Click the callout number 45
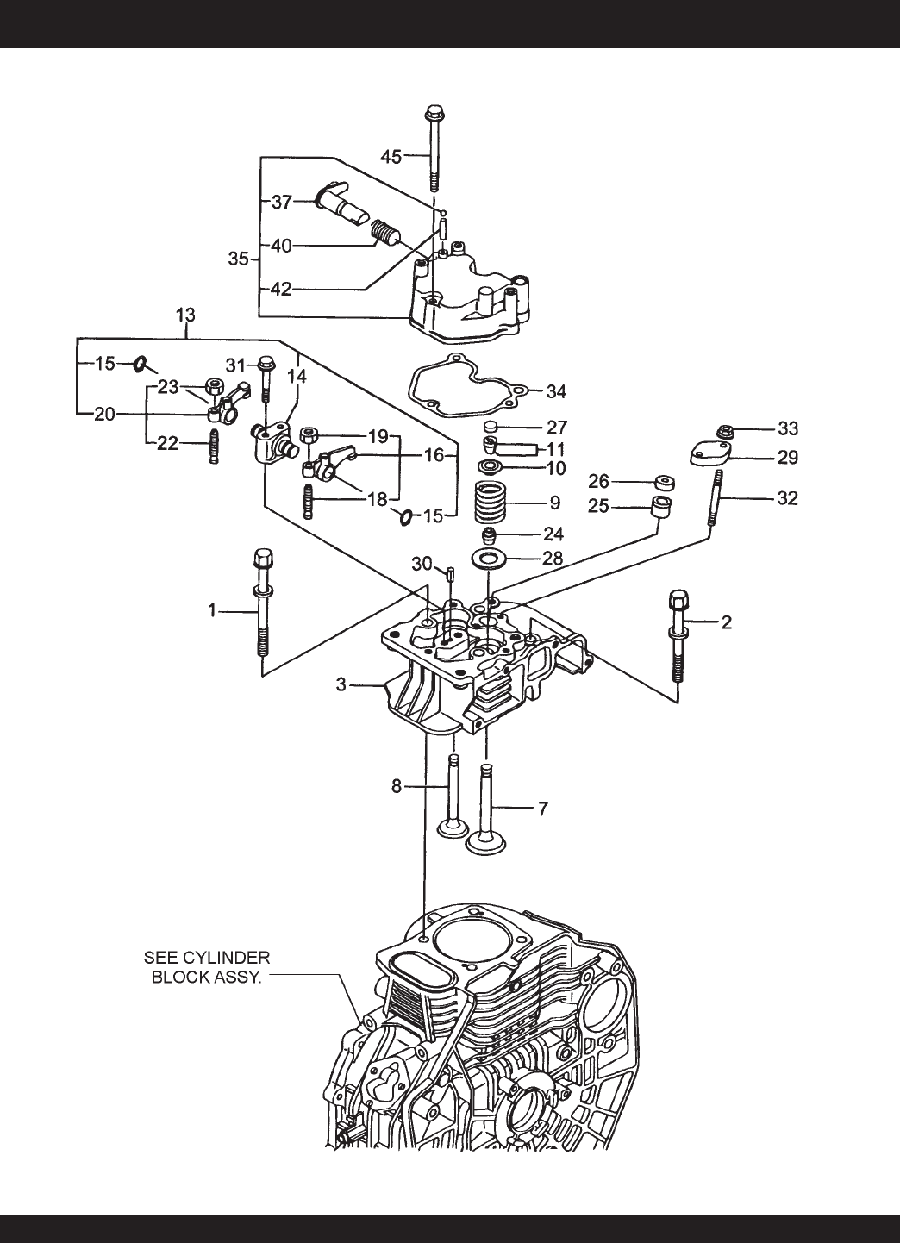(x=391, y=157)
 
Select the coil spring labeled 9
(x=490, y=503)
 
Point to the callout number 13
(x=185, y=315)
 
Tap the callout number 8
(x=397, y=786)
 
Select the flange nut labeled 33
(x=724, y=431)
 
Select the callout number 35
(x=239, y=259)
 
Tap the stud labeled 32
(x=716, y=497)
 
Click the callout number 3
(x=341, y=684)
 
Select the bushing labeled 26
(x=664, y=482)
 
